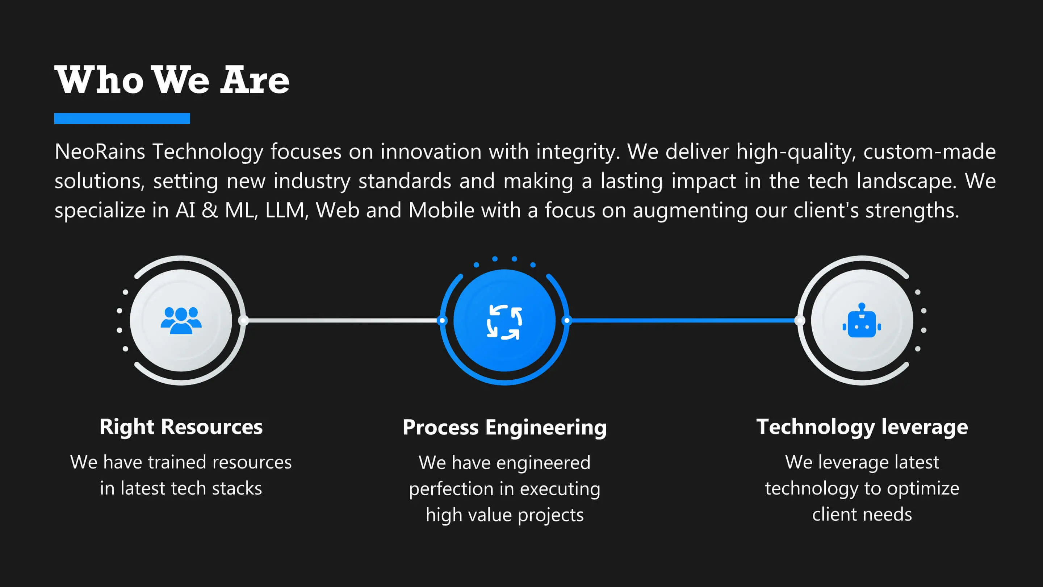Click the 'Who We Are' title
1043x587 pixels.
(x=172, y=80)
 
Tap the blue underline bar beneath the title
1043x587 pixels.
(x=122, y=118)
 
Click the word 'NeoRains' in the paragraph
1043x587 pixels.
(x=100, y=151)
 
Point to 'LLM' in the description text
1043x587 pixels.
(x=284, y=210)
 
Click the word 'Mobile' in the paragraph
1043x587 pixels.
(x=441, y=210)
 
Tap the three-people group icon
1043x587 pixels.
(x=181, y=320)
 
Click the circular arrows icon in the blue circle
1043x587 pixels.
(x=504, y=322)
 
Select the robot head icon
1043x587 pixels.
(x=862, y=320)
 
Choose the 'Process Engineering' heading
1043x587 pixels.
(x=504, y=428)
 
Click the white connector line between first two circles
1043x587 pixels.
(x=343, y=320)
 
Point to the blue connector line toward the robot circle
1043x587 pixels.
(x=683, y=320)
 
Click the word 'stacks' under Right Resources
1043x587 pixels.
(x=237, y=488)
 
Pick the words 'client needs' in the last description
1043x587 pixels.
(x=862, y=515)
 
